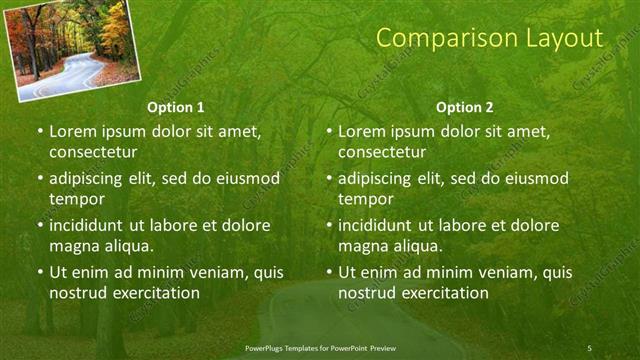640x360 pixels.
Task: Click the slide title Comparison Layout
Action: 490,39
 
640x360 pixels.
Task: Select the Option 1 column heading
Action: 176,107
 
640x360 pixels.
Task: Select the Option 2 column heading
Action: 465,107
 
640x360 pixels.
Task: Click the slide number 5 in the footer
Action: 589,347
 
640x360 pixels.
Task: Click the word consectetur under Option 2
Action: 381,152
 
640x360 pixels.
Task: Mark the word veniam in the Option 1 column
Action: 209,272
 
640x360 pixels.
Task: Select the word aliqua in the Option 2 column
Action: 417,246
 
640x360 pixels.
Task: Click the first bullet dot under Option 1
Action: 40,132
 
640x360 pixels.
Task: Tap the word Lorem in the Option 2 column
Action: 362,131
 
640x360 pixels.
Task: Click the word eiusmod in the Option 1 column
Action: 241,179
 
